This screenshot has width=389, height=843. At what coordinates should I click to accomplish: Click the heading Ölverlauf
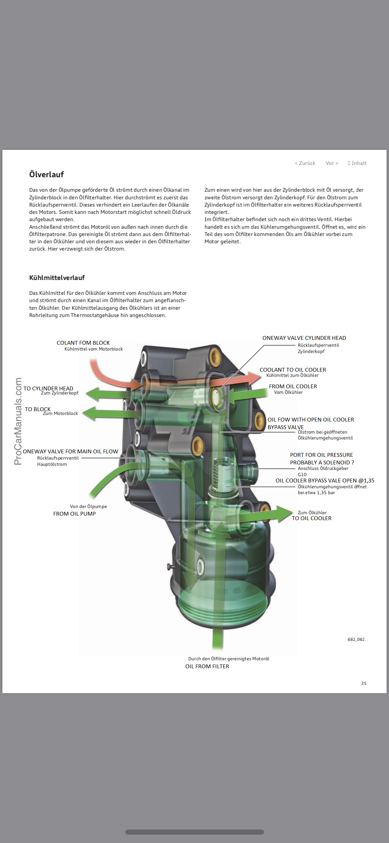click(x=46, y=174)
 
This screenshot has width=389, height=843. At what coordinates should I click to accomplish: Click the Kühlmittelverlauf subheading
click(x=57, y=278)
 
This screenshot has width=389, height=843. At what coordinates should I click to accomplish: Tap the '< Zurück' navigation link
click(x=305, y=163)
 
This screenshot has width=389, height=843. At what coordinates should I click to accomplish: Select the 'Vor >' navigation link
click(x=332, y=163)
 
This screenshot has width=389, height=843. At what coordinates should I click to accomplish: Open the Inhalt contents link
click(x=357, y=163)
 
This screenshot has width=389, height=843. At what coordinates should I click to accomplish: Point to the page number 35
click(x=363, y=683)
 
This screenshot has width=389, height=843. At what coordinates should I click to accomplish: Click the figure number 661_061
click(x=356, y=639)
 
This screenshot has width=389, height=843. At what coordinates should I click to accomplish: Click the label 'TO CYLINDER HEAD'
click(x=48, y=388)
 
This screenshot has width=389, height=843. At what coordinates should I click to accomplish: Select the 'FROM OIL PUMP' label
click(x=74, y=514)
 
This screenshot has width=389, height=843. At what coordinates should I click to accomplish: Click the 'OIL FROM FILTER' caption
click(x=207, y=666)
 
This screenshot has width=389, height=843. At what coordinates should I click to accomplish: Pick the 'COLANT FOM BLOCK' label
click(x=83, y=343)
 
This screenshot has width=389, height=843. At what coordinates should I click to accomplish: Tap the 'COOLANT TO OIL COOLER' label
click(x=293, y=370)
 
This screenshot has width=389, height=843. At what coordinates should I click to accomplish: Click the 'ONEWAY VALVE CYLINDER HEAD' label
click(x=304, y=338)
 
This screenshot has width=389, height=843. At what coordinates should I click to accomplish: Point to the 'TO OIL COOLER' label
click(x=311, y=518)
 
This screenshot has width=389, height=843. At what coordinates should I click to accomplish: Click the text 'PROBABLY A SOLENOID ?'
click(x=322, y=462)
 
